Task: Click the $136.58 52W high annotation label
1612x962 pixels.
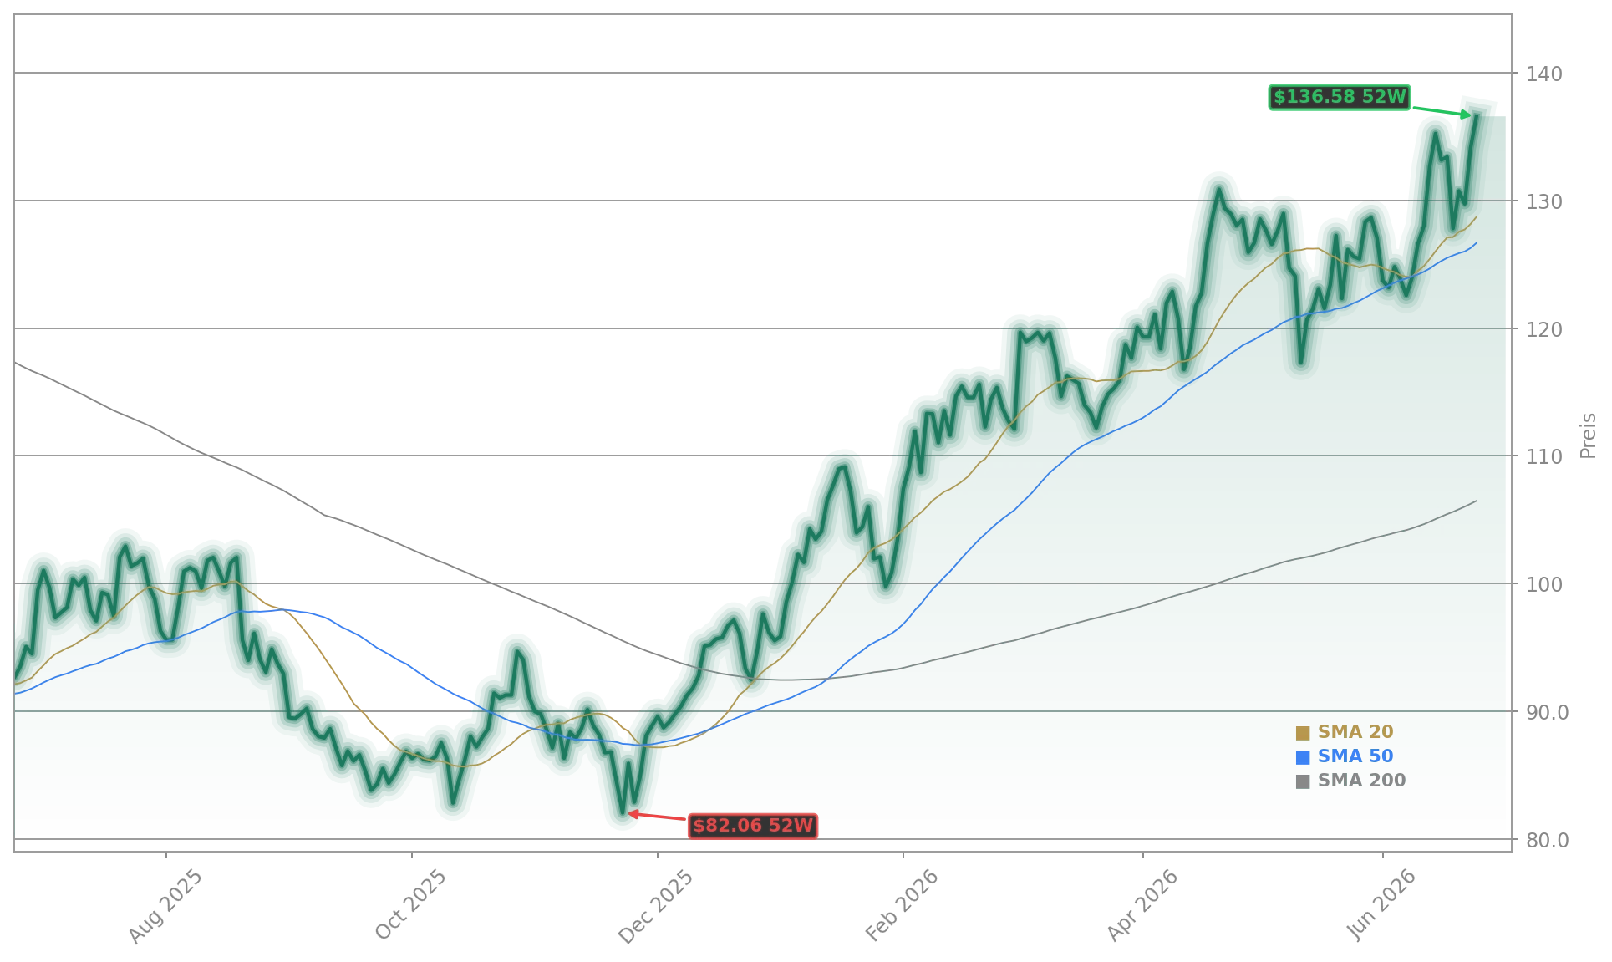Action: point(1340,98)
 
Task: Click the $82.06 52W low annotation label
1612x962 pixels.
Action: point(753,827)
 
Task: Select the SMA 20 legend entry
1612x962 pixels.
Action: point(1345,732)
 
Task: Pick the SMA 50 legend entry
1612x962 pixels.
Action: point(1345,756)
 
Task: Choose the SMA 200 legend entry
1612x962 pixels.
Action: point(1350,781)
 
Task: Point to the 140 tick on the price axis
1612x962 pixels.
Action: point(1543,74)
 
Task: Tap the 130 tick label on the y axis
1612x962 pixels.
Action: point(1543,202)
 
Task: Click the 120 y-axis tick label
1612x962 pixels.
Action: point(1543,330)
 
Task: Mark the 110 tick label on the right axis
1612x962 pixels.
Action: point(1543,457)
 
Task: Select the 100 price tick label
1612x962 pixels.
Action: point(1543,585)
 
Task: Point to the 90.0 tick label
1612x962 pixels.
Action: point(1547,713)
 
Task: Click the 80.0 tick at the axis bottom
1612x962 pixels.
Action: point(1547,841)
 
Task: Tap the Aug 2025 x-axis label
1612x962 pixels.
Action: point(165,907)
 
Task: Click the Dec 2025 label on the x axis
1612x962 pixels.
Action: point(656,907)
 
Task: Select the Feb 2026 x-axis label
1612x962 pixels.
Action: point(902,906)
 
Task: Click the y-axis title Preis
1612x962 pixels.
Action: point(1588,435)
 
